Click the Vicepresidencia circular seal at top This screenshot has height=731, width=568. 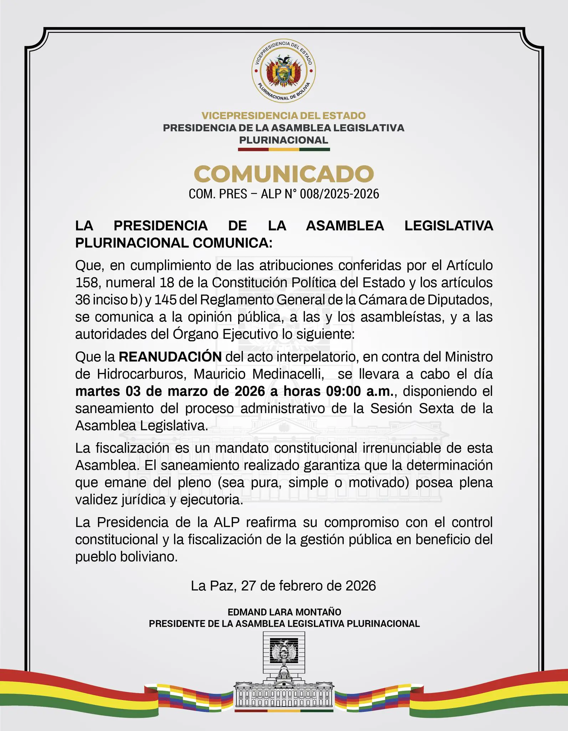284,71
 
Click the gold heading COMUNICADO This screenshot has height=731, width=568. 284,174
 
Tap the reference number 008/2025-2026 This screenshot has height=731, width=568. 339,194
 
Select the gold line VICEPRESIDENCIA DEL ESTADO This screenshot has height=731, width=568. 284,116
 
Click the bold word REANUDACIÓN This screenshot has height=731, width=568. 170,357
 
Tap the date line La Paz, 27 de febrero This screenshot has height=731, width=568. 283,586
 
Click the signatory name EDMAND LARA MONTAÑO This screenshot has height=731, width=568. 284,612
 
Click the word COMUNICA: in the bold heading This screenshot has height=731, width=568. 232,243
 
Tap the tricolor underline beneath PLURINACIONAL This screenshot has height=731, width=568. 284,150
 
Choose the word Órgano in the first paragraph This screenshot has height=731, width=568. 195,334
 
